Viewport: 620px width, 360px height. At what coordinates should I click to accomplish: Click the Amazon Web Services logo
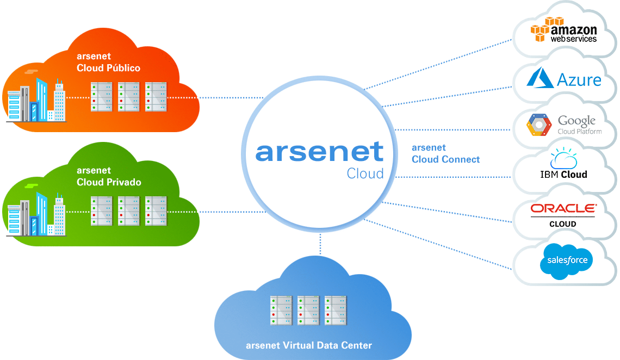[564, 30]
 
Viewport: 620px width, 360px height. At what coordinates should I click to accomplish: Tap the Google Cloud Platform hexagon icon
[538, 125]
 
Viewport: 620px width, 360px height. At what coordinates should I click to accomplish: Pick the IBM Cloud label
[563, 175]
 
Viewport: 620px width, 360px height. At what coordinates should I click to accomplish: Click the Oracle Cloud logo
[563, 214]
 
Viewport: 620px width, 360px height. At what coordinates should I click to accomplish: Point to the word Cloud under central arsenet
[365, 173]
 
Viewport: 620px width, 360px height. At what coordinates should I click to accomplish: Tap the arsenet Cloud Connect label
[445, 153]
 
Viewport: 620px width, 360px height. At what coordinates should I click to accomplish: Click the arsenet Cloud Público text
[109, 62]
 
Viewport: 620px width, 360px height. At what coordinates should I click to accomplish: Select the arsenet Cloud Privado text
[109, 176]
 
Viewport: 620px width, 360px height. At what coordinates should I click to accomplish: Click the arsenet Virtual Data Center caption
[309, 345]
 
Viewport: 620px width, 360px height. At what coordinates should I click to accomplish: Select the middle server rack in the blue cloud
[308, 310]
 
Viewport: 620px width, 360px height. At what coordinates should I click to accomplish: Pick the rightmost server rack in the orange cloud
[156, 97]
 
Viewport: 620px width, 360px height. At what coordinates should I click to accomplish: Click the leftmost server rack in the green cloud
[101, 211]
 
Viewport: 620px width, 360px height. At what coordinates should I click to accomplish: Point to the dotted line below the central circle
[320, 244]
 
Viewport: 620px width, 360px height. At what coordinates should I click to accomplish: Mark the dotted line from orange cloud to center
[218, 98]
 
